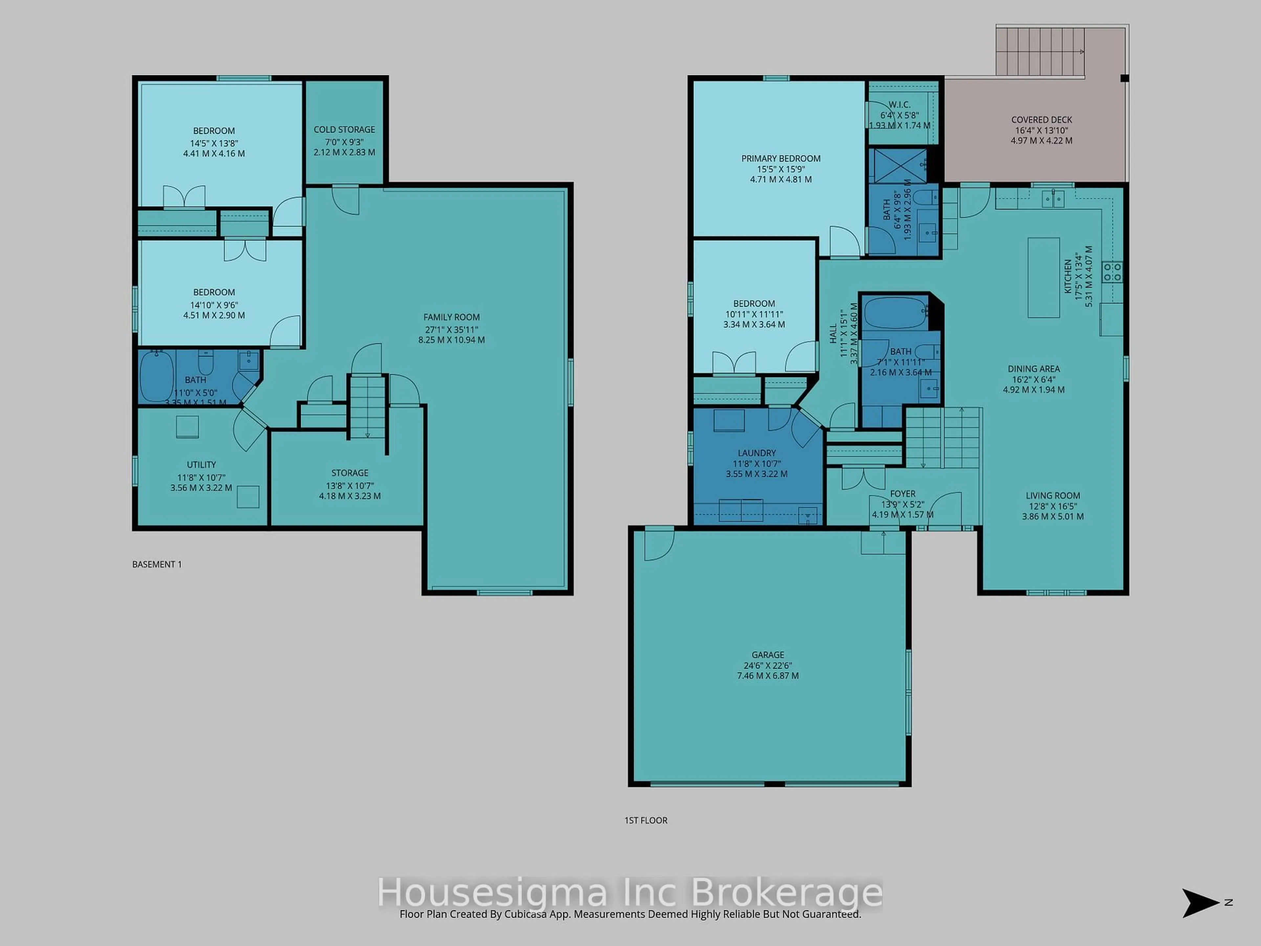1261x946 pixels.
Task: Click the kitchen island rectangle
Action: coord(1043,278)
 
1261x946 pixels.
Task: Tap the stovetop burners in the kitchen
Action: coord(1112,271)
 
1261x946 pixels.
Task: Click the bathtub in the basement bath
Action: coord(156,376)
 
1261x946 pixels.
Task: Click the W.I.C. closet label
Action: coord(899,105)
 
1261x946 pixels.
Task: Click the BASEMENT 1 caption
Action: coord(157,565)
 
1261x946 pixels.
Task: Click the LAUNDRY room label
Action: coord(757,453)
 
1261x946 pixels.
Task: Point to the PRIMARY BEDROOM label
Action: coord(781,159)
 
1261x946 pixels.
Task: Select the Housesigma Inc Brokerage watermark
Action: coord(630,892)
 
